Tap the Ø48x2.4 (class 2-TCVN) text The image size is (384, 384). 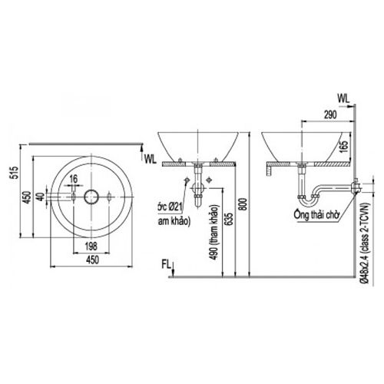tap(366, 238)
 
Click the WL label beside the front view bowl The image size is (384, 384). tap(151, 157)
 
